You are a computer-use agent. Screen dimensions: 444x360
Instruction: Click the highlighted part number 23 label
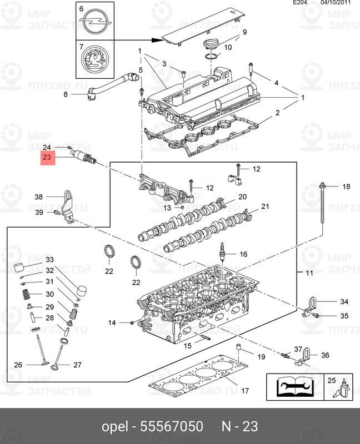(x=47, y=158)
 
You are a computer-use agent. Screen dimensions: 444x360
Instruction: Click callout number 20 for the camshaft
(x=242, y=197)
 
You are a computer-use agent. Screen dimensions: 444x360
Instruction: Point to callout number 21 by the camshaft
(x=265, y=206)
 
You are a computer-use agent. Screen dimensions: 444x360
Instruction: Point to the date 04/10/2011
(x=337, y=3)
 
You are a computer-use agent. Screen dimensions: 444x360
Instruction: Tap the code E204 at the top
(x=301, y=3)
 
